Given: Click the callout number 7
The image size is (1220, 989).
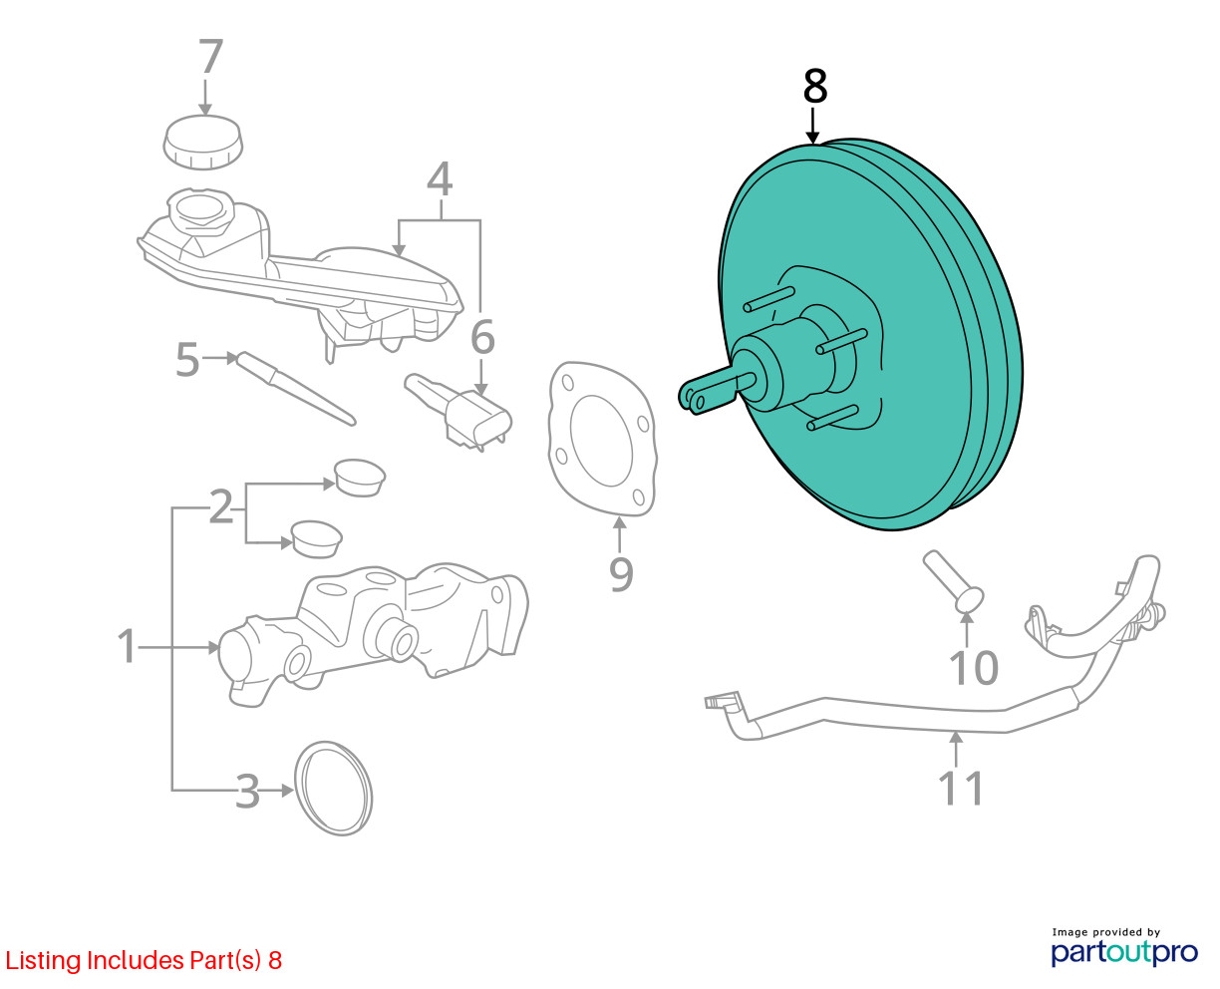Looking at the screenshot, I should pos(210,58).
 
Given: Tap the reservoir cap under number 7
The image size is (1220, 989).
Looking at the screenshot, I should pos(203,142).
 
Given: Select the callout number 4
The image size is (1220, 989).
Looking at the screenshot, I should pos(440,179).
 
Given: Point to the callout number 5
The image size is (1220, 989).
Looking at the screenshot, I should pos(187,360).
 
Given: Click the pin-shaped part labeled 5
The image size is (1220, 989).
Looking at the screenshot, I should pos(294,388).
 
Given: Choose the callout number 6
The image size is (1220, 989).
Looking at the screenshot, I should pos(482,338).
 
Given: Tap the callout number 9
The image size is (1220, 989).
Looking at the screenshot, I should pos(620,573).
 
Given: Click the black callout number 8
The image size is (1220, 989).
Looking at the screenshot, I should pos(814,88).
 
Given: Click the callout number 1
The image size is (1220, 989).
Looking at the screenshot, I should pos(127,646).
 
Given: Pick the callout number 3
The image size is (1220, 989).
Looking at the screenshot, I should pos(246,793).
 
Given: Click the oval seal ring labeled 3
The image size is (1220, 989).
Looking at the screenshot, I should pos(335,787).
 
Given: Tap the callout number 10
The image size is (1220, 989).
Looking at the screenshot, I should pos(973,668).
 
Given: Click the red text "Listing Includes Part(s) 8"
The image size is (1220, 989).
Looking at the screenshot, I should pos(145,961).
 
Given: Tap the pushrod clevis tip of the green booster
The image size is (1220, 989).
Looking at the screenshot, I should pos(694,396).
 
